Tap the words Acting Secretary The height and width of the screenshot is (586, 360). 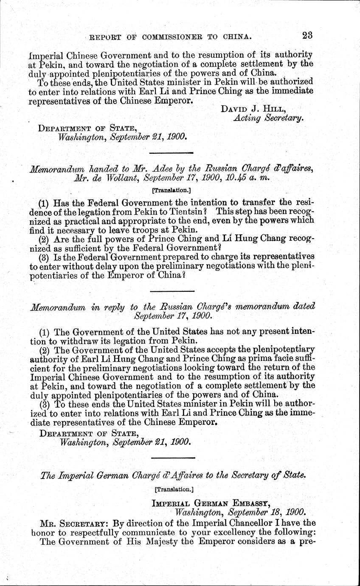point(269,119)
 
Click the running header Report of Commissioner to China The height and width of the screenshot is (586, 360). point(169,37)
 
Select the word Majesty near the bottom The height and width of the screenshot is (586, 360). point(149,542)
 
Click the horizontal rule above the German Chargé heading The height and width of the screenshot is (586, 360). point(173,458)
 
